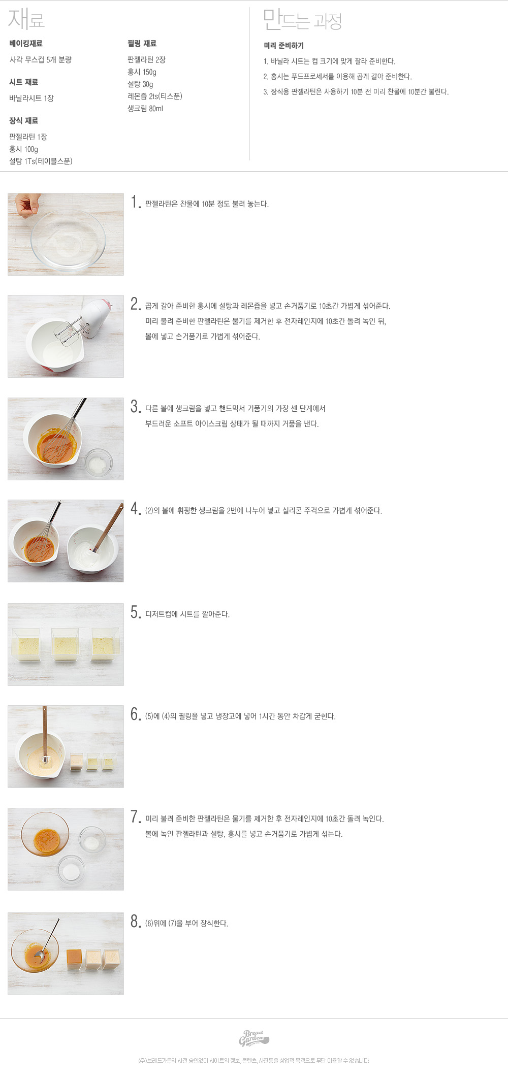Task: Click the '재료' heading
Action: click(26, 19)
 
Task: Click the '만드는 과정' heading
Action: click(302, 20)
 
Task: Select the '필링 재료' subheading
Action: click(142, 44)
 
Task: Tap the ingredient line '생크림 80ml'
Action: click(145, 109)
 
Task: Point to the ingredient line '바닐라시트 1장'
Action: click(31, 98)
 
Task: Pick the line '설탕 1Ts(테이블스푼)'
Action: click(41, 161)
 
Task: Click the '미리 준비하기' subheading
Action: click(283, 46)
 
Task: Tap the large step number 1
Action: click(135, 202)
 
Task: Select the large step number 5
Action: click(135, 612)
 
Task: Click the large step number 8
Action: click(135, 921)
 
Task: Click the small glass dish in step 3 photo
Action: click(98, 463)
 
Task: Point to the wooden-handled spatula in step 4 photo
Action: click(107, 528)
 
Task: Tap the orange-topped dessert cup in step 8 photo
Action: click(75, 959)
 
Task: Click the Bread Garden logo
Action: click(253, 1038)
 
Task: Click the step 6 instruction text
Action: click(240, 716)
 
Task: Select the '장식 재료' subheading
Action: click(23, 121)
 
